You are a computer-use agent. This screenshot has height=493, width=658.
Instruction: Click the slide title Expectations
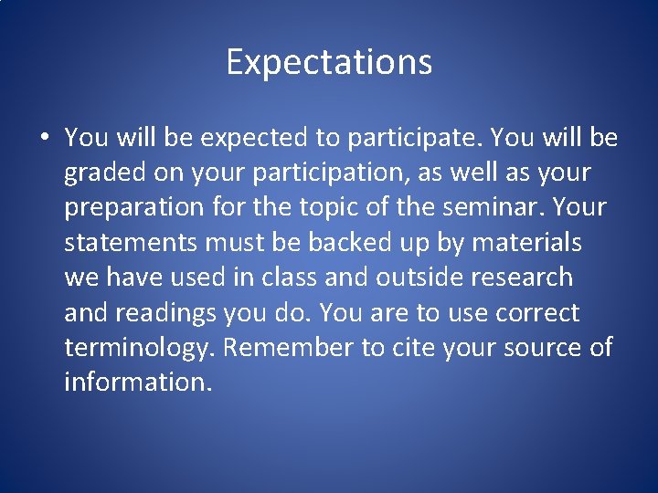pyautogui.click(x=329, y=62)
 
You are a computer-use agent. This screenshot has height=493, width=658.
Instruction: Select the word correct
pyautogui.click(x=537, y=313)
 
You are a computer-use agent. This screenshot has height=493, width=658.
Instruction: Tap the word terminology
pyautogui.click(x=141, y=348)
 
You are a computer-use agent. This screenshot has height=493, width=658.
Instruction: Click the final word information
pyautogui.click(x=138, y=383)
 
